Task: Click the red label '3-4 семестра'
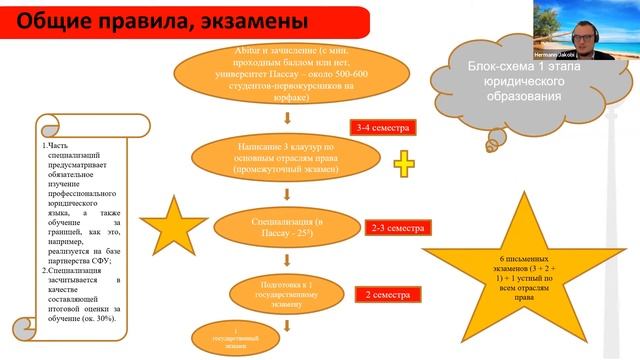click(382, 129)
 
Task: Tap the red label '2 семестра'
click(388, 296)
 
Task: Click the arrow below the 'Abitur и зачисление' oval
click(287, 126)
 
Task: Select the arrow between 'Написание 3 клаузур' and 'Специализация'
click(287, 195)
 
